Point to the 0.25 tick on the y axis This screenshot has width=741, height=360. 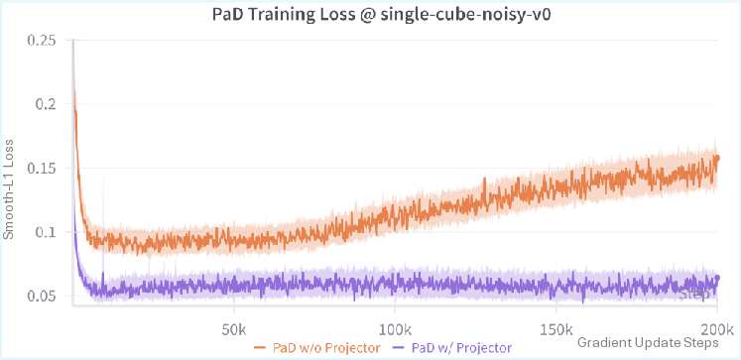[44, 40]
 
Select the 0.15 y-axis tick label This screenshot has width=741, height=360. [44, 168]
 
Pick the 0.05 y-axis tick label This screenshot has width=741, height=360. [44, 296]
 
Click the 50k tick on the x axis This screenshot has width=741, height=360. [233, 328]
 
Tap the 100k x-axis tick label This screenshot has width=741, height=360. [394, 328]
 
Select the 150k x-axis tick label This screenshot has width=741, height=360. [556, 328]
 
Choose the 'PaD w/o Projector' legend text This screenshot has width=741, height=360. [324, 347]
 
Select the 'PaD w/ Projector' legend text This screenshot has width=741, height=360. [463, 347]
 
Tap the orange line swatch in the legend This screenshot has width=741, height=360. [262, 347]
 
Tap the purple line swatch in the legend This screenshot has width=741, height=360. [402, 347]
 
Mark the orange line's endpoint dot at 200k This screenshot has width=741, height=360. [716, 158]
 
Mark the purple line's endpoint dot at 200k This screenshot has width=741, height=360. [716, 278]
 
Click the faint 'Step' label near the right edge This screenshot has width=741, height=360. [696, 295]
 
